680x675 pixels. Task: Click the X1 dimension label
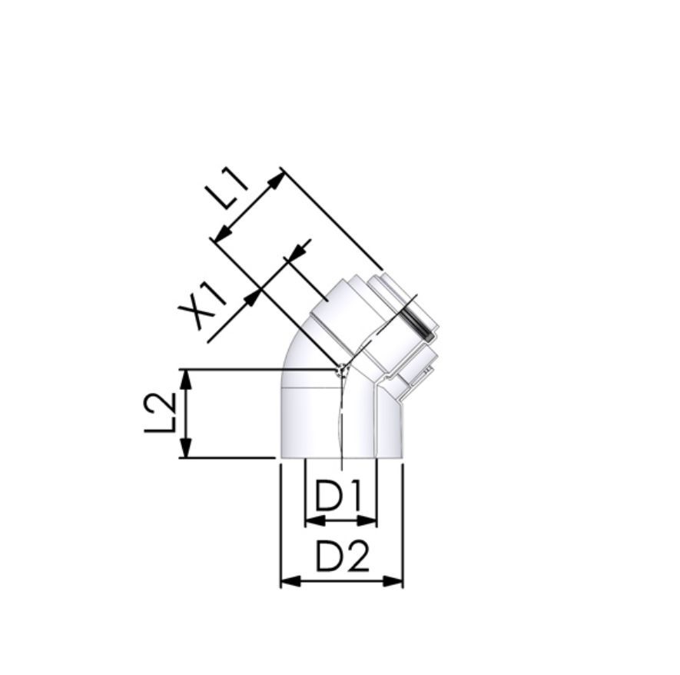click(x=203, y=304)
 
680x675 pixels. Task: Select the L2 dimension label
click(x=160, y=413)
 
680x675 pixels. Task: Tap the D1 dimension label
click(x=338, y=495)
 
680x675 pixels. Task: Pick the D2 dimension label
click(x=342, y=556)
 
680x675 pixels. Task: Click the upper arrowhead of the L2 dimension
click(x=186, y=379)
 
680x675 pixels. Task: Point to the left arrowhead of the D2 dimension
click(x=291, y=581)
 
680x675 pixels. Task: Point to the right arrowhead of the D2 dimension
click(x=393, y=581)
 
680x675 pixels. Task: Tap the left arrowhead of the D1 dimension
click(x=315, y=520)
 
